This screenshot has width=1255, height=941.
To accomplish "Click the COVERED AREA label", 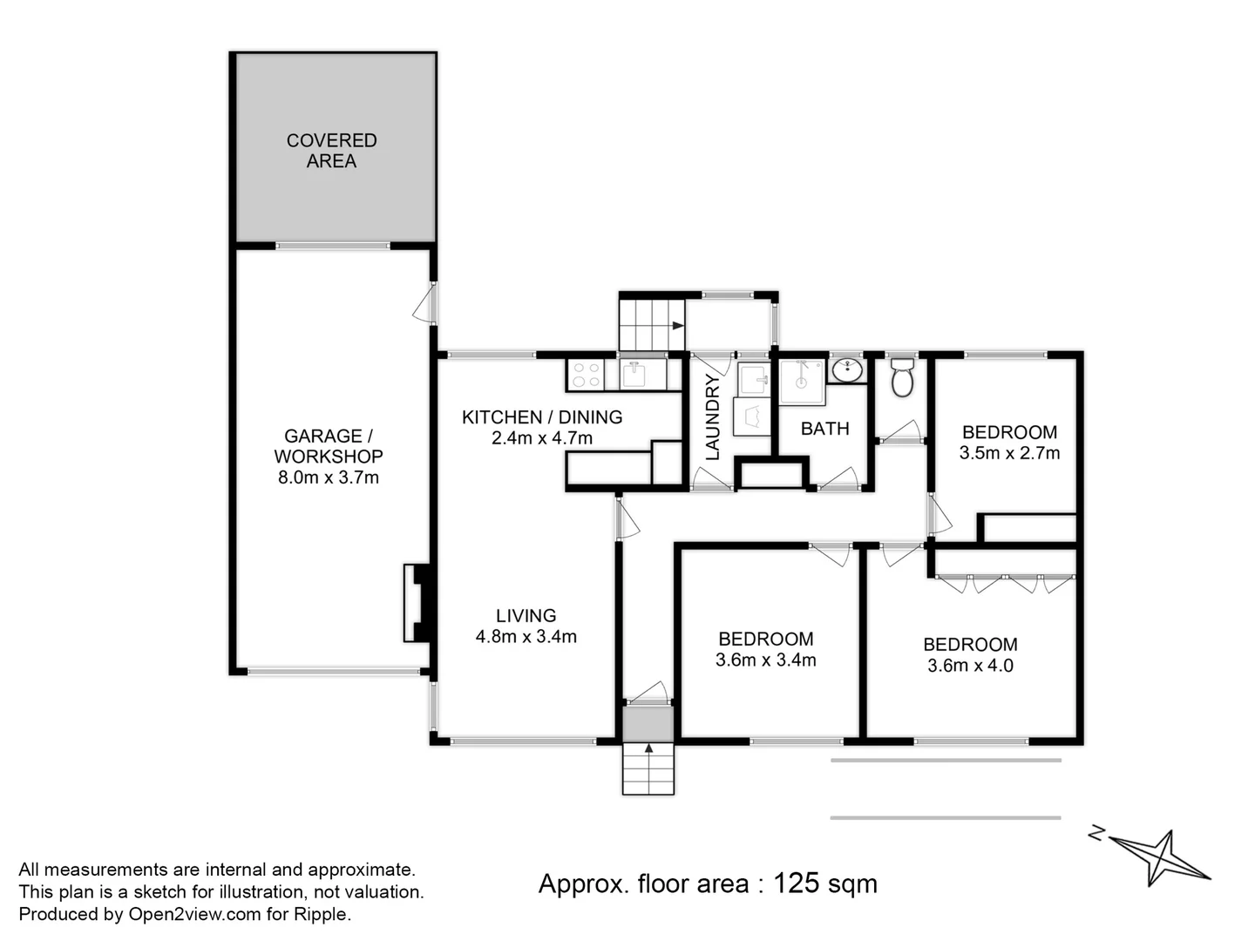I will [331, 151].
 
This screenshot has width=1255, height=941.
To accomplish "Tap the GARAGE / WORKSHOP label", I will [328, 446].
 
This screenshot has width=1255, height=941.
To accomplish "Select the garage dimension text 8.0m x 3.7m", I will [328, 477].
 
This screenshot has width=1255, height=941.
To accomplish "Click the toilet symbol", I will [902, 379].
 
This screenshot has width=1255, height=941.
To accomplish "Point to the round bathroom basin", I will [846, 371].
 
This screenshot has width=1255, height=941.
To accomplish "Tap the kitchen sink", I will [634, 375].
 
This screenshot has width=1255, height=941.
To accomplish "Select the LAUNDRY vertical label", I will [713, 417].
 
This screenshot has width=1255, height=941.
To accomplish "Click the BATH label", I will [824, 429].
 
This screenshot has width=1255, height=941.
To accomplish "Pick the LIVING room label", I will [526, 615].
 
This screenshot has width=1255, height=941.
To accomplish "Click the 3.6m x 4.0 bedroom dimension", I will [970, 666].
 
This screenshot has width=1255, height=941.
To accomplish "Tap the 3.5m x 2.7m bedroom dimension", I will [1009, 453].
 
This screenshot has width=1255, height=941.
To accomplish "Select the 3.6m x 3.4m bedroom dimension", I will [765, 660].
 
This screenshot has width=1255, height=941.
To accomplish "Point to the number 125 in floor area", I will [796, 883].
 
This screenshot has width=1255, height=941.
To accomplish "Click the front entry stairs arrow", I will [648, 748].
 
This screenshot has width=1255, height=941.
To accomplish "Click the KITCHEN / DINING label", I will [541, 417].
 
